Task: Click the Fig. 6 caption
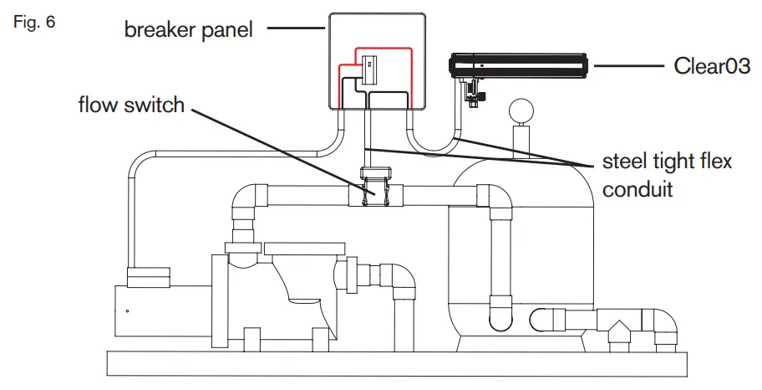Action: (34, 23)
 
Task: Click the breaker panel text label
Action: (189, 31)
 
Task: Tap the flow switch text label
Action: (131, 105)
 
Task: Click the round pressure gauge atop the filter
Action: (522, 110)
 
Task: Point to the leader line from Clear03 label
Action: (626, 65)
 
